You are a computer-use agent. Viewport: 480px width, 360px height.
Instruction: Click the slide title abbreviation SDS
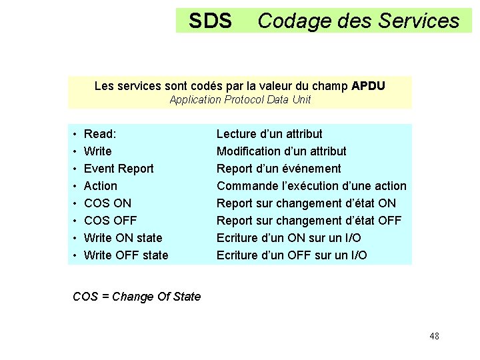click(210, 21)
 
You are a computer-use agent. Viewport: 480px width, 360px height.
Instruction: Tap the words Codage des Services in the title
click(358, 21)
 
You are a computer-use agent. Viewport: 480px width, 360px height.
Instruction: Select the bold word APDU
click(368, 86)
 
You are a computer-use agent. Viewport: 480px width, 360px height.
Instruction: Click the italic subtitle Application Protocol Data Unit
click(240, 100)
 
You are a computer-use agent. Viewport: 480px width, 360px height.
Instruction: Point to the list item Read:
click(100, 134)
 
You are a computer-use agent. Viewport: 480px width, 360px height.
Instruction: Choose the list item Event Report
click(119, 169)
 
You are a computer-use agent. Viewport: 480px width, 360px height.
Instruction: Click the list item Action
click(100, 186)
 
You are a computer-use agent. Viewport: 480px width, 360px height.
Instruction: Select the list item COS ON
click(107, 203)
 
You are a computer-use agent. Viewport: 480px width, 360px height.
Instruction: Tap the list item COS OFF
click(110, 221)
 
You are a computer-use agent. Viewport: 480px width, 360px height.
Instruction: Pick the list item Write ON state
click(123, 238)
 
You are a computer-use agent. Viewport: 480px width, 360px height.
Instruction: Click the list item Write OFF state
click(126, 255)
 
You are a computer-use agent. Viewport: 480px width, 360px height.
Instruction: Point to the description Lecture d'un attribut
click(269, 134)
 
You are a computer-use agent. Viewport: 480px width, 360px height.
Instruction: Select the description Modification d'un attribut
click(281, 151)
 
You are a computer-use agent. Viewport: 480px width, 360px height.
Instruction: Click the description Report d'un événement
click(279, 169)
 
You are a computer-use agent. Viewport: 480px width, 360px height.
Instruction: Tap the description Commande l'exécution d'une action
click(311, 186)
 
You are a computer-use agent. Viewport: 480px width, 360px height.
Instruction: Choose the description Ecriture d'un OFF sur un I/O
click(291, 255)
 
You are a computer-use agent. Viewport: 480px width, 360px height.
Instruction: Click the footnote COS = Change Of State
click(137, 297)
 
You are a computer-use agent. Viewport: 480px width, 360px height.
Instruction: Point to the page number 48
click(434, 336)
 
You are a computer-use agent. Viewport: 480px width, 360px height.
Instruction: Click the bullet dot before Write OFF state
click(76, 256)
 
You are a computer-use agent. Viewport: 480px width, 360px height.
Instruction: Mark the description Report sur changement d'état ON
click(306, 203)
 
